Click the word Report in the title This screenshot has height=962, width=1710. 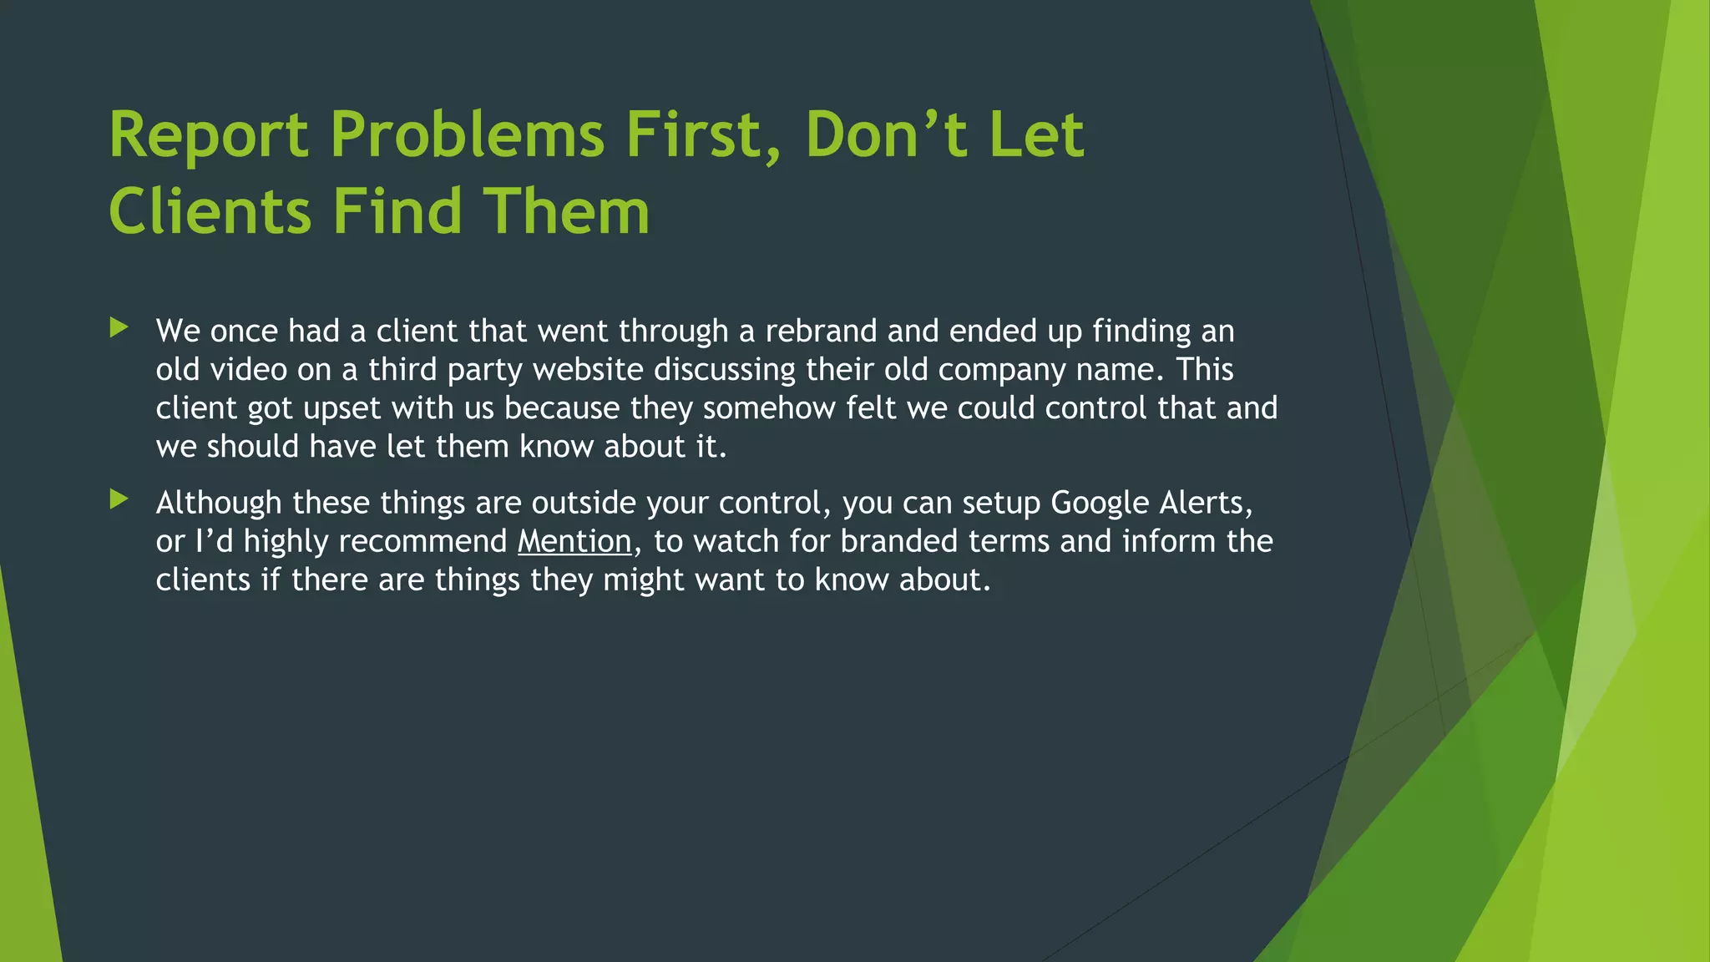click(x=209, y=135)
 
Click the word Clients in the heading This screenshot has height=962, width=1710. click(x=210, y=210)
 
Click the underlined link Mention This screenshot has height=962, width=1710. click(x=574, y=541)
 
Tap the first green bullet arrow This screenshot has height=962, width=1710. click(x=119, y=327)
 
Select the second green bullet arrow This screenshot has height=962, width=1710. click(x=119, y=499)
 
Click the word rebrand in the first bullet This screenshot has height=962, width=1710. click(x=822, y=332)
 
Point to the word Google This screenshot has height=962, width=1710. click(x=1100, y=504)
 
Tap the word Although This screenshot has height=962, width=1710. click(x=219, y=504)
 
